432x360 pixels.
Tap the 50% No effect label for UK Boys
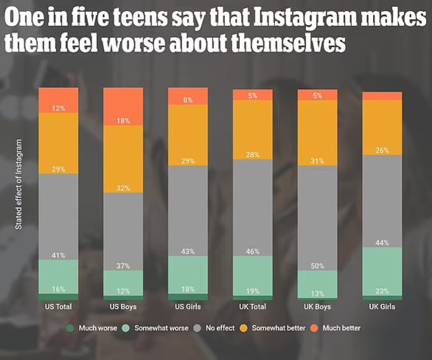pyautogui.click(x=317, y=266)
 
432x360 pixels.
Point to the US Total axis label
pyautogui.click(x=58, y=307)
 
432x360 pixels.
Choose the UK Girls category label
pyautogui.click(x=382, y=307)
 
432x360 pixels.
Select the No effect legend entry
pyautogui.click(x=216, y=328)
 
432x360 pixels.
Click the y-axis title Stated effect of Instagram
pyautogui.click(x=19, y=184)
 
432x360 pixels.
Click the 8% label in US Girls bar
pyautogui.click(x=188, y=100)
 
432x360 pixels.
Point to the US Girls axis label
pyautogui.click(x=188, y=307)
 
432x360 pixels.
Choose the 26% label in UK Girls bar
pyautogui.click(x=382, y=150)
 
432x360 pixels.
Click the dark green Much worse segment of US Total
pyautogui.click(x=58, y=297)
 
